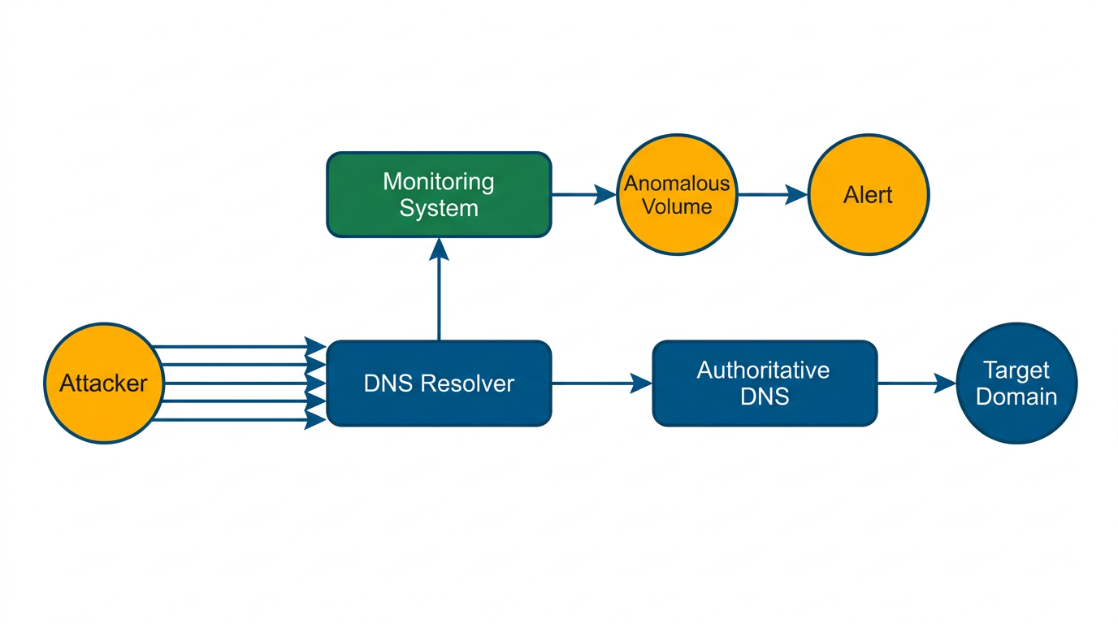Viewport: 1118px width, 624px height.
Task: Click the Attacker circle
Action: point(103,383)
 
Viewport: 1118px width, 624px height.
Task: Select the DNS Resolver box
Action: point(439,383)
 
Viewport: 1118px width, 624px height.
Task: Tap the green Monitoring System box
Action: point(439,195)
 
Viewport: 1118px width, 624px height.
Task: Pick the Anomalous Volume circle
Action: point(677,195)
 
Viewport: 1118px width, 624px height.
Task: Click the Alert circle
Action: point(868,195)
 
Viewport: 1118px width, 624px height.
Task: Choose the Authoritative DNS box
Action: point(765,383)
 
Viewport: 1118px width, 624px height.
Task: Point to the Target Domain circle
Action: point(1016,383)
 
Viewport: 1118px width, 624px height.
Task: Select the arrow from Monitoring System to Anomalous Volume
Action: point(583,195)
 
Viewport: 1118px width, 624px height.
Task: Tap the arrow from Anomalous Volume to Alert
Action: point(772,195)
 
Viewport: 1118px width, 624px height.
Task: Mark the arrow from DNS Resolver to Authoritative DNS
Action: point(601,383)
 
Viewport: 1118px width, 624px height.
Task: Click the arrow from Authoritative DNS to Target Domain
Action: point(916,383)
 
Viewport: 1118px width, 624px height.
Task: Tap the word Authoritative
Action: point(764,370)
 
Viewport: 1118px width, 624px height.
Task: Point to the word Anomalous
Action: point(677,184)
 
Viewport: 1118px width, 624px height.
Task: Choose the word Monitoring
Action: point(439,181)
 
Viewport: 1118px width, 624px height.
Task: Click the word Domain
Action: point(1016,396)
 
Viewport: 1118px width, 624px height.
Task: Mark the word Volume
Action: point(677,206)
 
